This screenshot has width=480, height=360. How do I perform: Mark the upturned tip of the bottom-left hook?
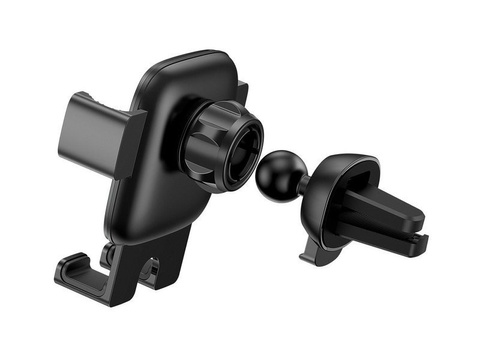63,266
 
